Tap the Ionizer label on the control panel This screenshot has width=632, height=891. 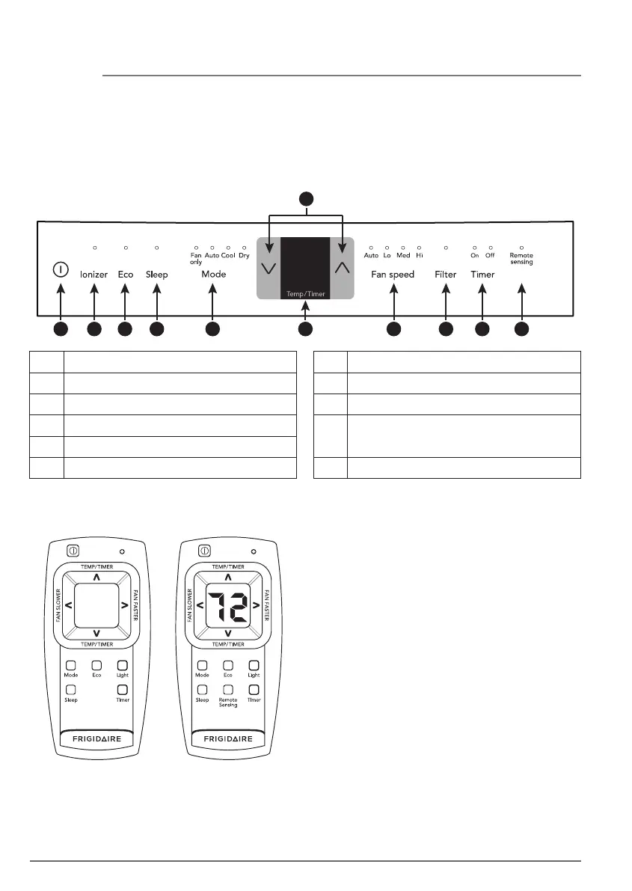point(94,275)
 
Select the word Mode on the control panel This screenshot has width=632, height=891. point(213,275)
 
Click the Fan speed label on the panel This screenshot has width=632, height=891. point(393,275)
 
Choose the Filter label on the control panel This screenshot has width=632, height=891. point(446,275)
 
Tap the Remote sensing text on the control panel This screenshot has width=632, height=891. point(521,259)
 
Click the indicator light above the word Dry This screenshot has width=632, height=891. point(245,246)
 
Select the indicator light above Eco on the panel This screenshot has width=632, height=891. point(126,246)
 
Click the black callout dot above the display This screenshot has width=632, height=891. point(305,198)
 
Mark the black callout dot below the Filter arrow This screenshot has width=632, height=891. point(446,328)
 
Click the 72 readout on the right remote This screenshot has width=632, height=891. point(228,607)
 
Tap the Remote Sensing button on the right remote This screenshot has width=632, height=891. point(228,689)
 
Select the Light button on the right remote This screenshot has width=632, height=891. point(254,665)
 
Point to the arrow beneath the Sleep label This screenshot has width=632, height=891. point(156,303)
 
